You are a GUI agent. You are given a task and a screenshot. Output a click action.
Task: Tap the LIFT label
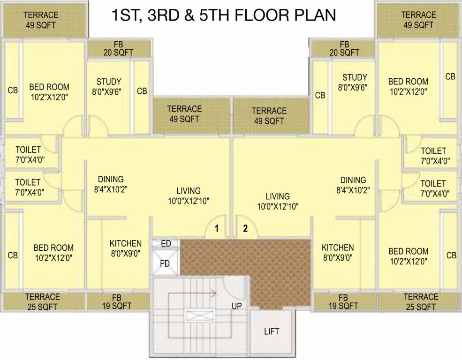pos(272,331)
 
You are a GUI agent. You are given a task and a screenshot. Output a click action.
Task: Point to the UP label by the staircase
pos(236,306)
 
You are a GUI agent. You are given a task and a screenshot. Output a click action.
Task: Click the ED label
pos(166,244)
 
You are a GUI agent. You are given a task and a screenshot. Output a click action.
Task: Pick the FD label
pos(165,263)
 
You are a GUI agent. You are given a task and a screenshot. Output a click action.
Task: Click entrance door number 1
pos(217,229)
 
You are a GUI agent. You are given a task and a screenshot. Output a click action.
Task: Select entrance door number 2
pos(244,229)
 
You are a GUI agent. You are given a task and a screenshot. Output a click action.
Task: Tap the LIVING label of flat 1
pos(189,191)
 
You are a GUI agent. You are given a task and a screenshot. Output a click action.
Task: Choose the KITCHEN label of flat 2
pos(338,247)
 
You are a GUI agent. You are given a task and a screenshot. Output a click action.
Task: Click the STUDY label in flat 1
pos(109,82)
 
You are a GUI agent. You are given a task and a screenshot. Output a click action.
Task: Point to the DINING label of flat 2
pos(353,180)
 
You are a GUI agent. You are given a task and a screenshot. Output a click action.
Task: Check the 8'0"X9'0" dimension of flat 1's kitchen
pos(125,253)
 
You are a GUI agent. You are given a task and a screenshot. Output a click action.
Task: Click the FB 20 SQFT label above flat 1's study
pos(118,48)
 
